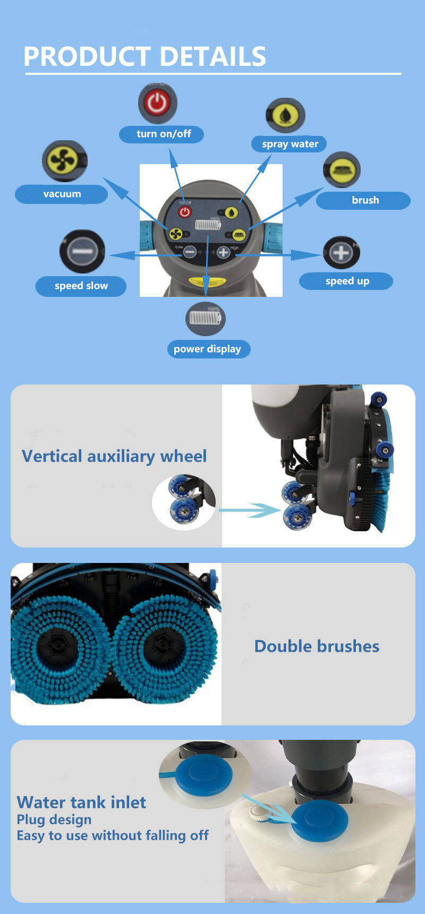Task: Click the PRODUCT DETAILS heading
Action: [x=144, y=56]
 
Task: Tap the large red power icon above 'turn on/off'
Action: [x=157, y=102]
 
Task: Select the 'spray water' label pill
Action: [x=289, y=144]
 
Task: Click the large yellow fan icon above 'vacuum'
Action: [x=64, y=161]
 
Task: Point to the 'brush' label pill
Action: [x=363, y=200]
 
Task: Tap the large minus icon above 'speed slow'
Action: [x=82, y=251]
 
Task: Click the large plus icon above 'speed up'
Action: [x=341, y=252]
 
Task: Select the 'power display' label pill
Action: [x=208, y=349]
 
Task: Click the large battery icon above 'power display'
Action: [x=206, y=319]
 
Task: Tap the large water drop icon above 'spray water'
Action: [x=285, y=115]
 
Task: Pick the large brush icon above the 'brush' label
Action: [x=342, y=170]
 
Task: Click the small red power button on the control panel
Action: [x=185, y=212]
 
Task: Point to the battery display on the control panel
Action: [x=208, y=225]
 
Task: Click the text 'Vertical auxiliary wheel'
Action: [x=114, y=456]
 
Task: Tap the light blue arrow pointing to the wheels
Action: [x=250, y=510]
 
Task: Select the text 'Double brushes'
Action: [x=317, y=646]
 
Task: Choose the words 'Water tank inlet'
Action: [x=81, y=802]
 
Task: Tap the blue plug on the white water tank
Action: [x=320, y=821]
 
